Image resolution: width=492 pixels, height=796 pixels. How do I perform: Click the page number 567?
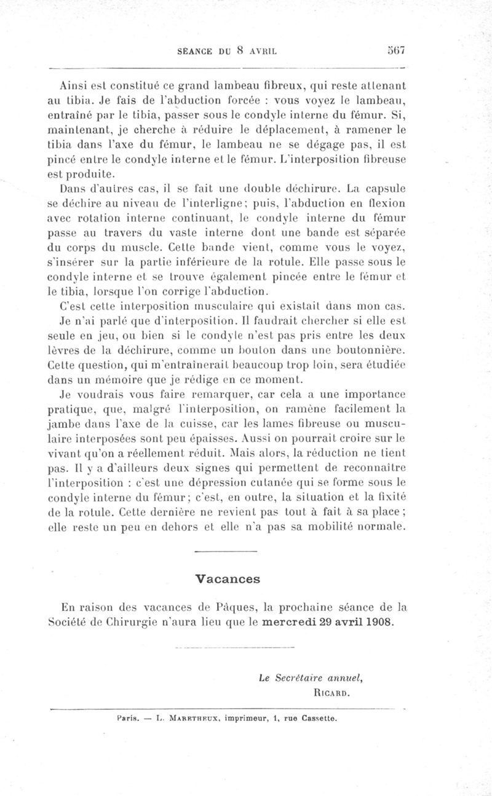391,51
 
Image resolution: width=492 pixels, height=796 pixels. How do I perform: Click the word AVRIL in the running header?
263,52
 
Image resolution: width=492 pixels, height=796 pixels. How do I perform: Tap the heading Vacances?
228,578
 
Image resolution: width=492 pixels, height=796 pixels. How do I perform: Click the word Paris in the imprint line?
126,717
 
